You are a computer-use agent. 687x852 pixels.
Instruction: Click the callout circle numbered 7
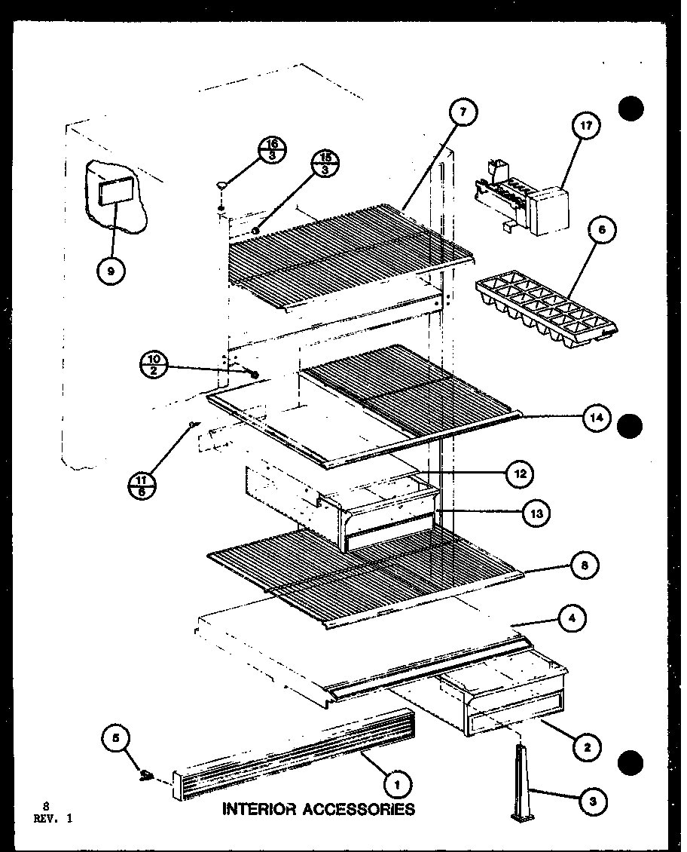[463, 112]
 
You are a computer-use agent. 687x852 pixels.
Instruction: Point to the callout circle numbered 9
[111, 272]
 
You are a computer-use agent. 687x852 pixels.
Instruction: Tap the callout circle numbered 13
[536, 513]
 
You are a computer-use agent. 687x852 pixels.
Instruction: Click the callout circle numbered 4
[574, 621]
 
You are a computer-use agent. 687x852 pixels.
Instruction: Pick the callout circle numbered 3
[594, 802]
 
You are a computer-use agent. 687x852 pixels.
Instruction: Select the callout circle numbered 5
[116, 740]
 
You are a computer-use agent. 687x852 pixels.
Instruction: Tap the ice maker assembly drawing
[520, 200]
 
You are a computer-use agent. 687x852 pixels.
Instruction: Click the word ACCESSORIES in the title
[358, 810]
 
